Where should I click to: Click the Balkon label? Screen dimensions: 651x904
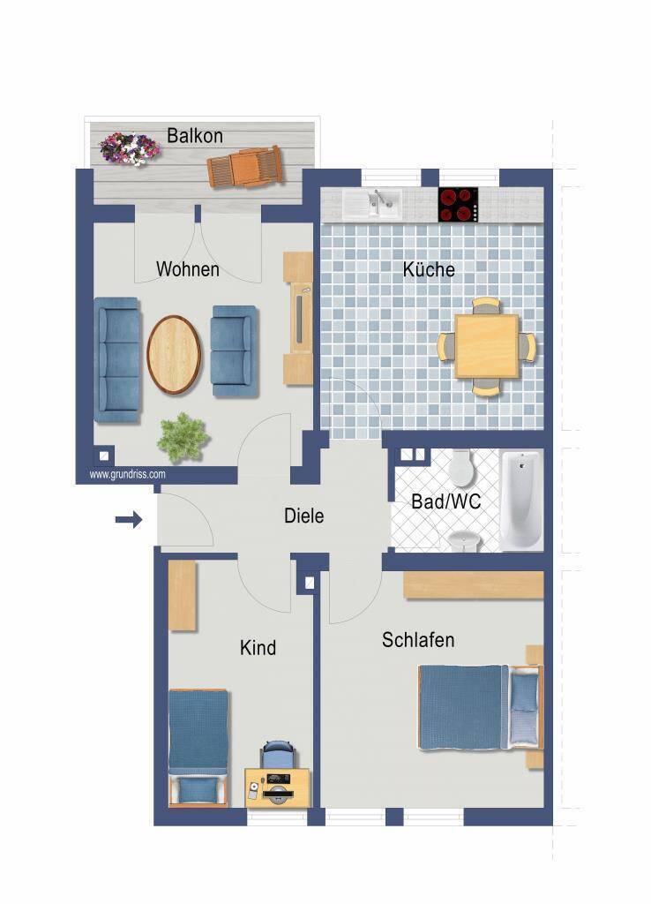195,136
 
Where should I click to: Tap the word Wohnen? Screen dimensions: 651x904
188,269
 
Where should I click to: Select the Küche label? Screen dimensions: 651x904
429,269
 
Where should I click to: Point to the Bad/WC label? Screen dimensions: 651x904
445,501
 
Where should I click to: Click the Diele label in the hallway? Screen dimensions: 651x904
303,516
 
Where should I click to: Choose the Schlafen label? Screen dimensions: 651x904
418,640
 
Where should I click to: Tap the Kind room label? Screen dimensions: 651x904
258,648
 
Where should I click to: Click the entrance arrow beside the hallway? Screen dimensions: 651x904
129,519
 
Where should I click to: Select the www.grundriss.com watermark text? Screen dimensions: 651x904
127,474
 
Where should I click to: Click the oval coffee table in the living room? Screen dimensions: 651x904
174,355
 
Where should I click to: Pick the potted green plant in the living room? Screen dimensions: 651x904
183,437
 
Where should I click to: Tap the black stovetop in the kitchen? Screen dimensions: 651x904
458,205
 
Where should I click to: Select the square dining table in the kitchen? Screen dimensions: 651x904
487,346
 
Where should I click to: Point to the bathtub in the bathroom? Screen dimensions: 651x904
521,501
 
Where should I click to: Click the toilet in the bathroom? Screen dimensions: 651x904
461,467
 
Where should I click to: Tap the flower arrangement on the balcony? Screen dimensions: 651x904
129,148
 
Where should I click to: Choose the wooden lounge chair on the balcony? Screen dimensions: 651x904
245,166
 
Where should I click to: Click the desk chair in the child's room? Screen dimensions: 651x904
278,755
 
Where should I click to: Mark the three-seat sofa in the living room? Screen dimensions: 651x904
117,360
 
